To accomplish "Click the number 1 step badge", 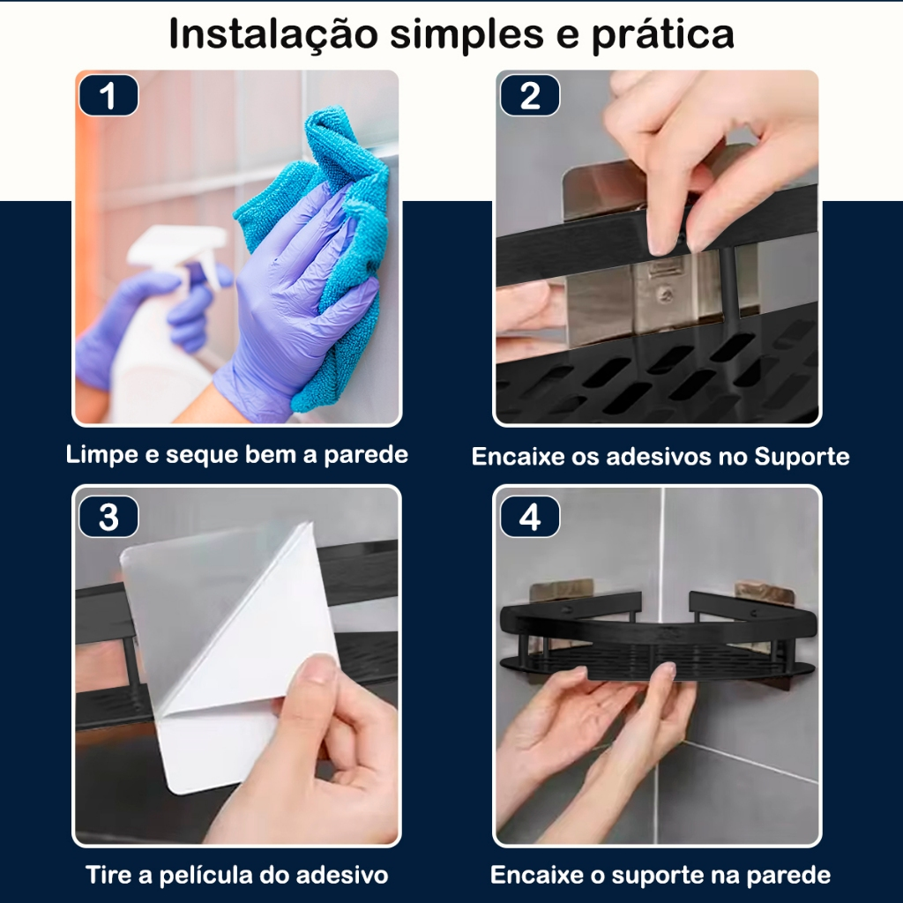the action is [108, 95].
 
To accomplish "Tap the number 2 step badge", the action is [530, 95].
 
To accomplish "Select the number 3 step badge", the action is [108, 517].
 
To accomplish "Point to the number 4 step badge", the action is [530, 517].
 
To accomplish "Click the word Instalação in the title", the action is [274, 34].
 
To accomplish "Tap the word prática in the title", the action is [663, 35].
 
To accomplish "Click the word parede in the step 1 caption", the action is [366, 456].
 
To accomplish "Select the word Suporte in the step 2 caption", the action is [802, 457].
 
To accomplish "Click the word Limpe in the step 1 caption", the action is [102, 456].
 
